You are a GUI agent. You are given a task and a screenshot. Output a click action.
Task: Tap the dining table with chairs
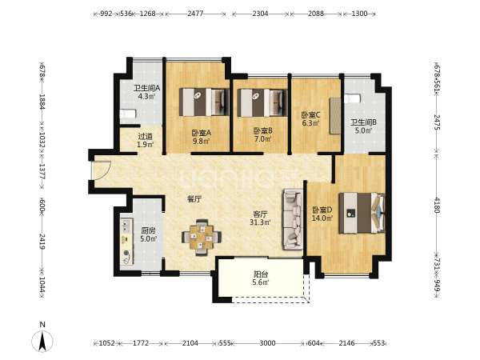point(202,237)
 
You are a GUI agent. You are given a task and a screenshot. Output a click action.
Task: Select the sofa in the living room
point(293,219)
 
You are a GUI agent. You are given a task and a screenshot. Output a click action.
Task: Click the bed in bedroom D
point(362,213)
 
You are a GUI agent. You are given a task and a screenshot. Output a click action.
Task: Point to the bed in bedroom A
point(204,102)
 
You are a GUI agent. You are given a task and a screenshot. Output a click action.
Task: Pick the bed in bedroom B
point(262,103)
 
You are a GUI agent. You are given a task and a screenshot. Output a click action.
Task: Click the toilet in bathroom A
point(127,114)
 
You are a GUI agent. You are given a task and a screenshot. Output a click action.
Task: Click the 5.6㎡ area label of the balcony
point(261,282)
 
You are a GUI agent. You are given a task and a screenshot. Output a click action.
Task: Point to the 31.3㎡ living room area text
point(260,222)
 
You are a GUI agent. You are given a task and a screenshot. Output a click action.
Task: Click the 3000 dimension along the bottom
point(267,343)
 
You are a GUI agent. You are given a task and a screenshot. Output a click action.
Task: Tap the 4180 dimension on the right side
point(437,205)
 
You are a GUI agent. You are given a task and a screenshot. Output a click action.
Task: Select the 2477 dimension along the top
point(195,14)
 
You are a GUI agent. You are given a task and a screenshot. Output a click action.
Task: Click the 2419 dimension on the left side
point(42,242)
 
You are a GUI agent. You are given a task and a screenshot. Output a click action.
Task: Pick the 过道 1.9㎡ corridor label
point(145,141)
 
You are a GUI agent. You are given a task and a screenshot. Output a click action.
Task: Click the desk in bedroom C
point(335,116)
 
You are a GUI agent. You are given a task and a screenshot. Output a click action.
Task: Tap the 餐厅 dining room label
point(194,199)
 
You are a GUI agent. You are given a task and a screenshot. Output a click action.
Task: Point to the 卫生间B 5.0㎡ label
point(363,126)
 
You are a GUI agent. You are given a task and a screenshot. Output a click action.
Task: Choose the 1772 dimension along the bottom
point(141,343)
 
